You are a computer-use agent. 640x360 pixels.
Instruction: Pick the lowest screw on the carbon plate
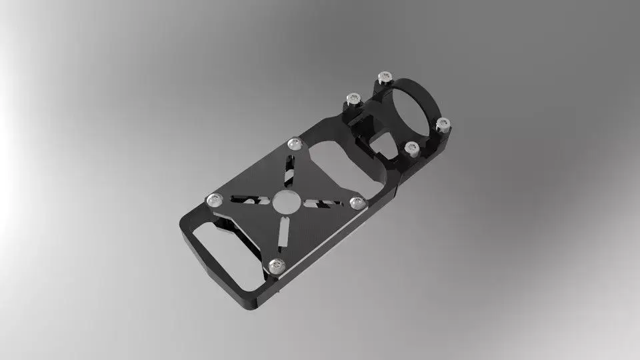click(273, 266)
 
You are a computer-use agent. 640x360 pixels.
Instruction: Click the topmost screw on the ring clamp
click(383, 77)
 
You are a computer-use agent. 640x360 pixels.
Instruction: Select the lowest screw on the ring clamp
click(411, 147)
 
